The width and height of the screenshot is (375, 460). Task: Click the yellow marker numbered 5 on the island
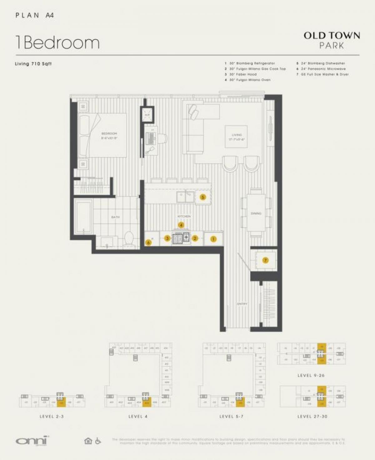pyautogui.click(x=203, y=197)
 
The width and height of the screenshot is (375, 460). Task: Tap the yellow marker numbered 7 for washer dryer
pyautogui.click(x=265, y=260)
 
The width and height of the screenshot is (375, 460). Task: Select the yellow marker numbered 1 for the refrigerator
pyautogui.click(x=213, y=239)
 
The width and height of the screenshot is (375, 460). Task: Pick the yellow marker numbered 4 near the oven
pyautogui.click(x=181, y=225)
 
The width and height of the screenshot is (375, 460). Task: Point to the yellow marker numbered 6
pyautogui.click(x=149, y=242)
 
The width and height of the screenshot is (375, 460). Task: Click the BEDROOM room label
pyautogui.click(x=109, y=134)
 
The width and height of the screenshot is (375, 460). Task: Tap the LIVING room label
pyautogui.click(x=237, y=135)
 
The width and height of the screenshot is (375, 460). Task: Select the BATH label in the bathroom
pyautogui.click(x=115, y=217)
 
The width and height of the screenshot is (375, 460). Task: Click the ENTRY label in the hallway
pyautogui.click(x=242, y=304)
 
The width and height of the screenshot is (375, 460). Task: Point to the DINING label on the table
pyautogui.click(x=256, y=213)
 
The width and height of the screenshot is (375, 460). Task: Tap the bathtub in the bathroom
pyautogui.click(x=83, y=217)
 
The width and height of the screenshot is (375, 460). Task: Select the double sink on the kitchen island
pyautogui.click(x=186, y=197)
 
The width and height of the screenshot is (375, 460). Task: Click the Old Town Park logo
pyautogui.click(x=332, y=40)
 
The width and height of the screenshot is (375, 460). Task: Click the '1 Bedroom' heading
pyautogui.click(x=57, y=43)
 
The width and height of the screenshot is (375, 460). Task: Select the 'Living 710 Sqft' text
pyautogui.click(x=33, y=64)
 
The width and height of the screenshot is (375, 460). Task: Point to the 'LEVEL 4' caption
pyautogui.click(x=138, y=417)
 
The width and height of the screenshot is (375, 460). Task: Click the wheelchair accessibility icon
pyautogui.click(x=98, y=441)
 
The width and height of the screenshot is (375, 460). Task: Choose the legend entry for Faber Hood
pyautogui.click(x=242, y=74)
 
